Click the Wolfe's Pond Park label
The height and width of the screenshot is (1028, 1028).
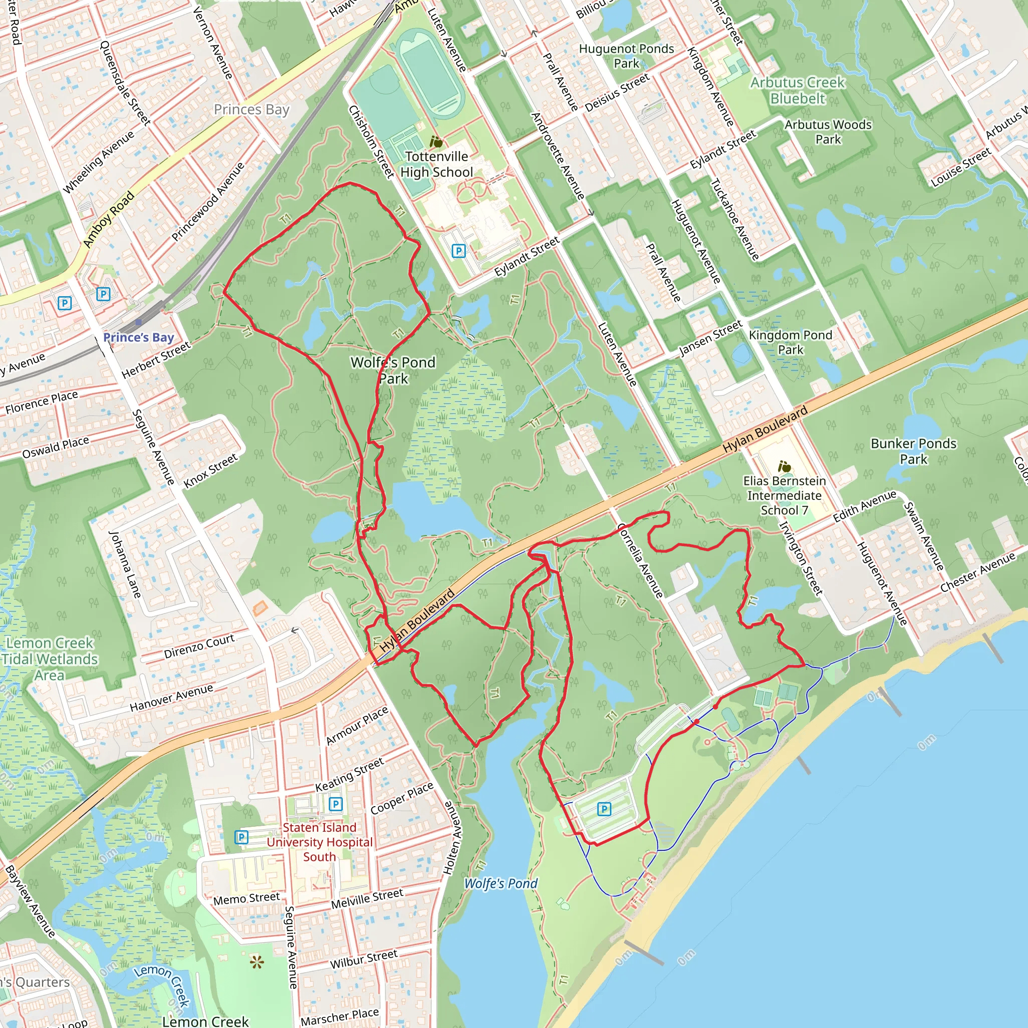pyautogui.click(x=393, y=370)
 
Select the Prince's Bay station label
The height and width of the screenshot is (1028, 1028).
pyautogui.click(x=139, y=337)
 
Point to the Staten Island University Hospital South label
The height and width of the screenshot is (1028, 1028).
pyautogui.click(x=319, y=842)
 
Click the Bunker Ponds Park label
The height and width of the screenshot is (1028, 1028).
pyautogui.click(x=913, y=451)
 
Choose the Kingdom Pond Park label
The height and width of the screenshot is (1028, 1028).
pyautogui.click(x=790, y=342)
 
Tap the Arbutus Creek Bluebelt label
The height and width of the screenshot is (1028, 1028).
pyautogui.click(x=798, y=90)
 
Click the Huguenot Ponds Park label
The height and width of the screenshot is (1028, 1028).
pyautogui.click(x=626, y=56)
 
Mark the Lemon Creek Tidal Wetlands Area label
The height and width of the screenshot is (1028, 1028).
pyautogui.click(x=50, y=659)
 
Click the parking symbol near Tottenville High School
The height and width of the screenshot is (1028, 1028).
pyautogui.click(x=458, y=250)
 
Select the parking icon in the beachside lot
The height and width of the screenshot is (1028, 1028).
pyautogui.click(x=603, y=809)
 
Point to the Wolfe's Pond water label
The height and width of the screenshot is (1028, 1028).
pyautogui.click(x=500, y=883)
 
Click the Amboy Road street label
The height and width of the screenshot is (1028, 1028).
pyautogui.click(x=108, y=219)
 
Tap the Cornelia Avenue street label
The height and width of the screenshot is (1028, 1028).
pyautogui.click(x=640, y=560)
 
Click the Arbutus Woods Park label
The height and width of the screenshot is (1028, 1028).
pyautogui.click(x=828, y=132)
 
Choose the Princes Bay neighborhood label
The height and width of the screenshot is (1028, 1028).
pyautogui.click(x=251, y=109)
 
